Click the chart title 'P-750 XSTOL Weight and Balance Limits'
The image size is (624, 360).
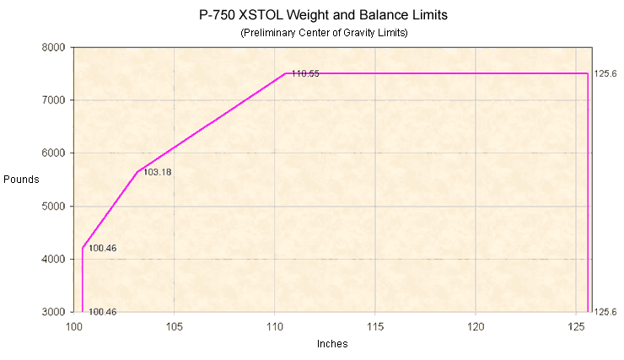[x=311, y=14]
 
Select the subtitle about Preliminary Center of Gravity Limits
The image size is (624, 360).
[x=311, y=32]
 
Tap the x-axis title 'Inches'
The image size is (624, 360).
[x=331, y=344]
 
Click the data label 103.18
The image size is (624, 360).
[x=158, y=172]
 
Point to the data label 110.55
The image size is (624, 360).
[x=305, y=74]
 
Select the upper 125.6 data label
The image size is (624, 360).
[x=605, y=74]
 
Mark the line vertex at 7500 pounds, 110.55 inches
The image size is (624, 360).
[x=286, y=73]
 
